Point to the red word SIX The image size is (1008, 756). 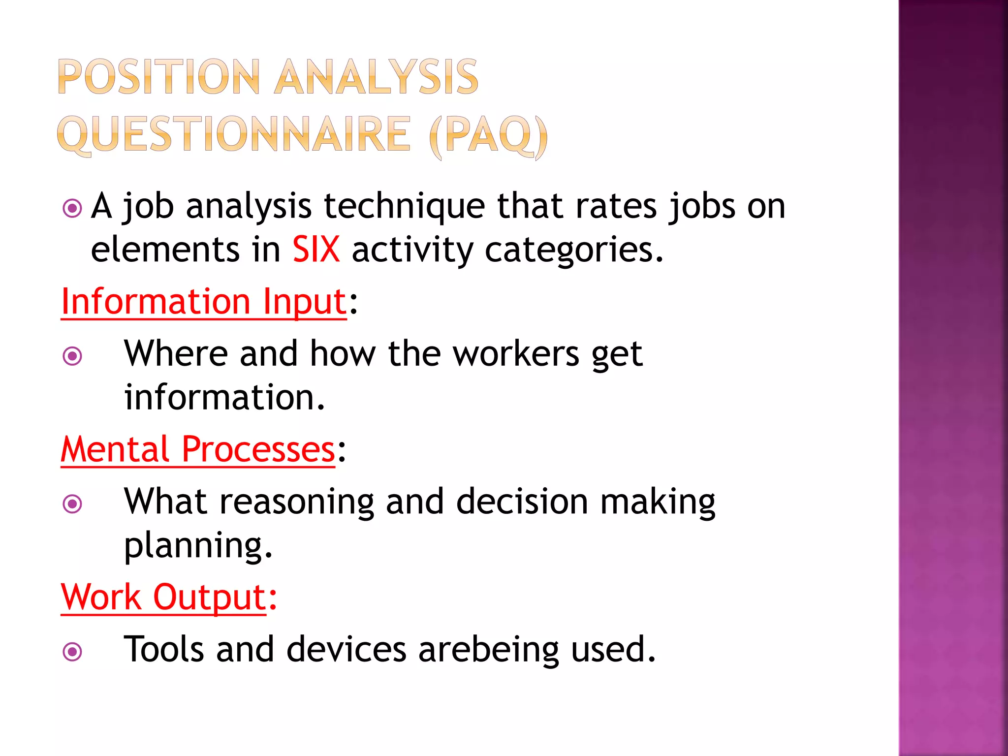click(x=316, y=250)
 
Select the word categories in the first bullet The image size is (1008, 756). click(x=574, y=251)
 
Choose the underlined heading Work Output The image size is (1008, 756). click(x=164, y=597)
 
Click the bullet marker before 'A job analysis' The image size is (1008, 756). click(x=72, y=208)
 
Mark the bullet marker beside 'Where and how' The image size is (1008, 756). click(x=72, y=356)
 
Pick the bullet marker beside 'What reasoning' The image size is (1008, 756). click(x=72, y=504)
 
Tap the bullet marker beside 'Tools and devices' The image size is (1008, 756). click(x=72, y=652)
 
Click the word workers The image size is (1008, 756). click(x=515, y=354)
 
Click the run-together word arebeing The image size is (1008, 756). click(x=488, y=650)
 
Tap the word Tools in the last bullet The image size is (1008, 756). click(x=163, y=649)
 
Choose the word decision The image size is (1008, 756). click(x=522, y=502)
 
